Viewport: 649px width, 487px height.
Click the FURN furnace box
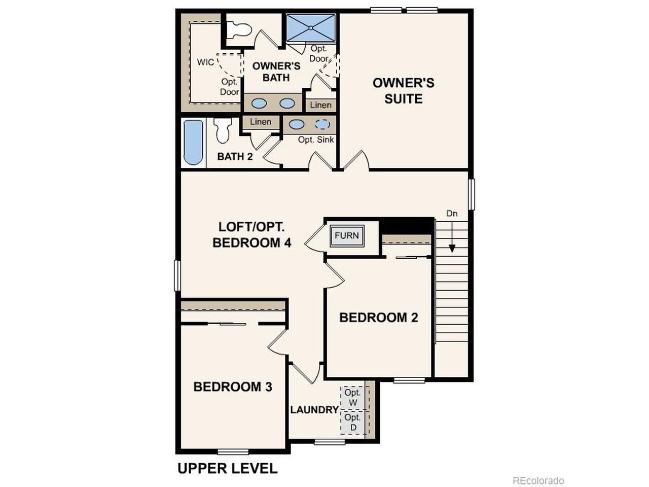[x=347, y=235]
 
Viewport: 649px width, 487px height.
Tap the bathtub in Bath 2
[x=193, y=143]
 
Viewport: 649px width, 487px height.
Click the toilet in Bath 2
[x=223, y=130]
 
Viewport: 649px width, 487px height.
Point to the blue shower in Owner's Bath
[x=311, y=28]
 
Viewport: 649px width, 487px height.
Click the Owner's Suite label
[x=403, y=91]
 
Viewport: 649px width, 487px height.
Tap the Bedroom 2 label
[x=378, y=318]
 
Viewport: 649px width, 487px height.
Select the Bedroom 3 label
[x=233, y=387]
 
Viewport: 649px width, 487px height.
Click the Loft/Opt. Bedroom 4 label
[x=252, y=235]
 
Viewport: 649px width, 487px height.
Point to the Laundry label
[x=314, y=410]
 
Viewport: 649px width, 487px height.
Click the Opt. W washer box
[x=353, y=398]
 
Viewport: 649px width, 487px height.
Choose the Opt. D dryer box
[x=353, y=422]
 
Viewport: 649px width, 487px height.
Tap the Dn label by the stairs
[x=452, y=213]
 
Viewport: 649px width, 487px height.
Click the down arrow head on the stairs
[x=452, y=249]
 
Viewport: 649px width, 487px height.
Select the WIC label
[x=205, y=62]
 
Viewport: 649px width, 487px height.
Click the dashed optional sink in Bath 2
[x=322, y=124]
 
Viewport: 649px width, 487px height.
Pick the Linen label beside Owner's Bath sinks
[x=321, y=105]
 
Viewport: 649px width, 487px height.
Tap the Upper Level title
[x=227, y=468]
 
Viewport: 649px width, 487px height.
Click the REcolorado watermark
[x=538, y=480]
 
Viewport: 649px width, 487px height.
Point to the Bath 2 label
[x=235, y=156]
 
